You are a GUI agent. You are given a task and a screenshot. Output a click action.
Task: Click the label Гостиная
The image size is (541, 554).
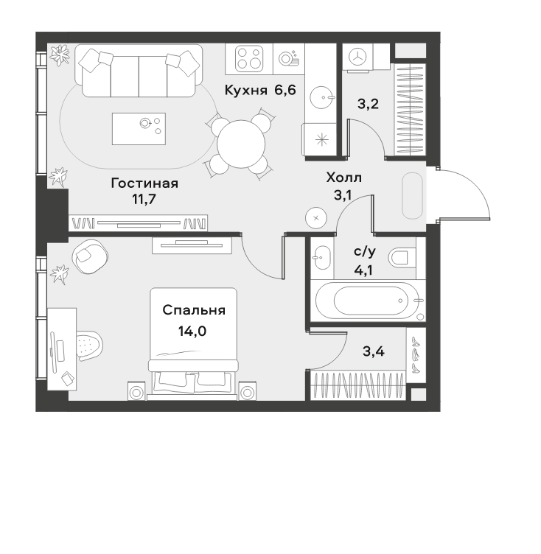tap(144, 183)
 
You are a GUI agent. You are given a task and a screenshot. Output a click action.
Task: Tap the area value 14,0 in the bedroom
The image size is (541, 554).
tap(192, 332)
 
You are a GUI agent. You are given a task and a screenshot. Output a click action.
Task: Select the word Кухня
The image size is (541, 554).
tap(245, 91)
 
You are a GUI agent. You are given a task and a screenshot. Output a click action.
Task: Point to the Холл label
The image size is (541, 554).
tap(343, 178)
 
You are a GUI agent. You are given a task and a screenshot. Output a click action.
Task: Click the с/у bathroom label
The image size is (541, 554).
tap(365, 251)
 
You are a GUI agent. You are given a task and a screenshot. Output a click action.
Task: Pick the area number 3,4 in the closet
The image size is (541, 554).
tap(374, 351)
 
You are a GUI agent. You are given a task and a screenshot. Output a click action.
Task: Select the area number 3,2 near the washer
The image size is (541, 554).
tap(368, 104)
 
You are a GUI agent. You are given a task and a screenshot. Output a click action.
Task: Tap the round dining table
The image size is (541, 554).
tap(241, 144)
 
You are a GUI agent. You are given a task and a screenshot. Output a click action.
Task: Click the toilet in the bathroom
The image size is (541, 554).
tap(402, 257)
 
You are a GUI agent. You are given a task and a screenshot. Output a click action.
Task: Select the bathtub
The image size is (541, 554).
tap(368, 301)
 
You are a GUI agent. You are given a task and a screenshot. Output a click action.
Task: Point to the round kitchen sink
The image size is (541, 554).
tap(321, 97)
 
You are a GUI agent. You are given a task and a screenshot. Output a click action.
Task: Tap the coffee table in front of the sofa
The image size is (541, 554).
tap(139, 129)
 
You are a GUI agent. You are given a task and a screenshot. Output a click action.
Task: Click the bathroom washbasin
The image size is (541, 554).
tap(321, 257)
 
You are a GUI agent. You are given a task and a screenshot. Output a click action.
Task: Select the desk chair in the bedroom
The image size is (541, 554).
tap(89, 346)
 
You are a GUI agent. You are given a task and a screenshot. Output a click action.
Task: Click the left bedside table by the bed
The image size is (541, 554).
tap(136, 391)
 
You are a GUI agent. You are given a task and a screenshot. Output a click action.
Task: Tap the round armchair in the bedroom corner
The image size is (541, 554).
tap(90, 256)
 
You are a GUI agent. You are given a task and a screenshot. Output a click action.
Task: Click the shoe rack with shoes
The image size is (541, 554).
tap(416, 355)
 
